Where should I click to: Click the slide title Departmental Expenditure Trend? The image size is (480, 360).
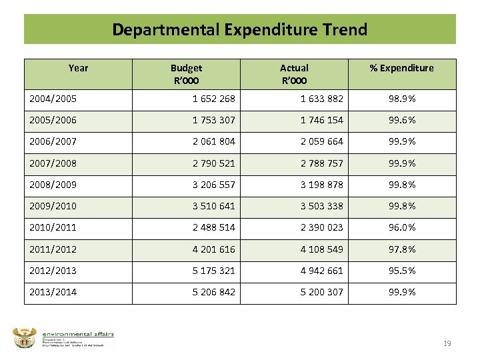pos(239,29)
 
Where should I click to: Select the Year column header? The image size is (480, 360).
pos(78,67)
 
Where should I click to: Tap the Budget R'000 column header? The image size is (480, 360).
pos(186,73)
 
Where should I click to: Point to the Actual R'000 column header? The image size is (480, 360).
pos(294,73)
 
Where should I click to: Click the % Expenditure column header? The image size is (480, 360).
pos(402,67)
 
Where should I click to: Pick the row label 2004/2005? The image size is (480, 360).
pos(53,99)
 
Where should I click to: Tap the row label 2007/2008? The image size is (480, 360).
pos(53,163)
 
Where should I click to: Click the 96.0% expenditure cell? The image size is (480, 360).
pos(403,227)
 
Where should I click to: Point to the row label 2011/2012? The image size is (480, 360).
pos(53,249)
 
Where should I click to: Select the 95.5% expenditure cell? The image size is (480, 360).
pos(403,270)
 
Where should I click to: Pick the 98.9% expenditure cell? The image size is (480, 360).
pos(403,99)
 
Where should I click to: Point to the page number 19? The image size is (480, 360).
pos(447,343)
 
